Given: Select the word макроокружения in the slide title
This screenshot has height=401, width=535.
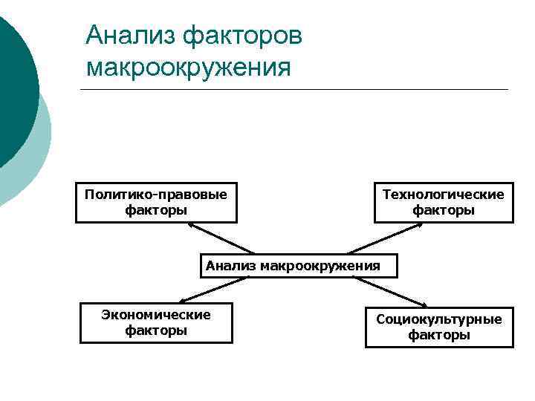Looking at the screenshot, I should tap(188, 68).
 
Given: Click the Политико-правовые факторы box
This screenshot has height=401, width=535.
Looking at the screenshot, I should tap(156, 202).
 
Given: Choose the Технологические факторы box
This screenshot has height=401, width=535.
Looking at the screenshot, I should tap(443, 202).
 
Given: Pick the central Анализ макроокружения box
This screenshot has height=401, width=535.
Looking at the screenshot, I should tap(299, 266).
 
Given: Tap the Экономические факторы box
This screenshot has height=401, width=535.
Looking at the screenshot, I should tap(156, 322).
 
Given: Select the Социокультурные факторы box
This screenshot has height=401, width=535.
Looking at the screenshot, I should tap(438, 327).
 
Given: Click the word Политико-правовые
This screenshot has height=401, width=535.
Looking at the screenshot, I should tap(156, 195).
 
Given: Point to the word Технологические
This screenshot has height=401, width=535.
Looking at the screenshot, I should tap(443, 195).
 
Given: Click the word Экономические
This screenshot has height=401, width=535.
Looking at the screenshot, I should tap(156, 315).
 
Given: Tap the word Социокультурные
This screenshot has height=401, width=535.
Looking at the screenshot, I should tap(438, 319).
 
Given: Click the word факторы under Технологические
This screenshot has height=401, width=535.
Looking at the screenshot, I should tap(443, 210).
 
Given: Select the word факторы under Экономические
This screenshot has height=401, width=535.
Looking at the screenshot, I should tap(156, 330).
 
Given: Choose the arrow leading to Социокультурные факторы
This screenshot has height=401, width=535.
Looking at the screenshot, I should tap(390, 292).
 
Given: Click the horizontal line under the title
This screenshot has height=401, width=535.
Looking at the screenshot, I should tap(294, 90).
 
